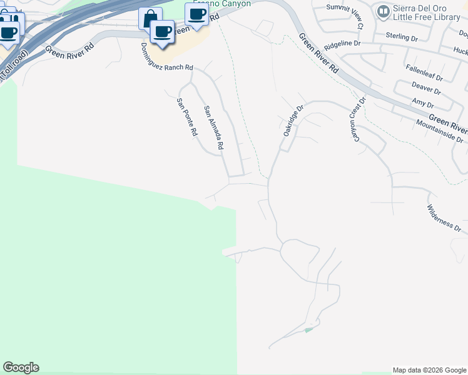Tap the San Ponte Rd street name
point(187,117)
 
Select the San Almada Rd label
point(213,127)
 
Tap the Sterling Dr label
point(402,38)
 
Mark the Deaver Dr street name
point(427,87)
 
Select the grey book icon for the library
point(383,11)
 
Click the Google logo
point(21,367)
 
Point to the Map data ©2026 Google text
point(429,370)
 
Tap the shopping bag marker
point(150,18)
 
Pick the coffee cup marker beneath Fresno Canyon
point(196,14)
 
